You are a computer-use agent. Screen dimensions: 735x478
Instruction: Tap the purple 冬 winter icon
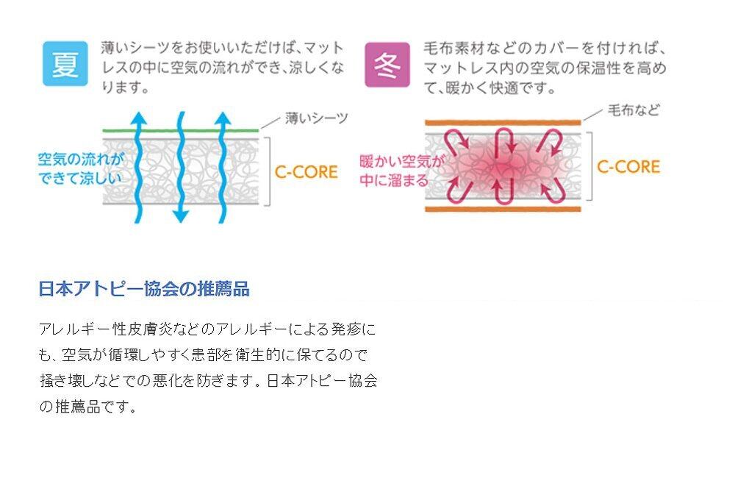pos(387,63)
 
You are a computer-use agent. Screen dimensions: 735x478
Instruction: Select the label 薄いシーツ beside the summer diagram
pos(316,117)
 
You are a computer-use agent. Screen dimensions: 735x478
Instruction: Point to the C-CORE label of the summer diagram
pos(306,172)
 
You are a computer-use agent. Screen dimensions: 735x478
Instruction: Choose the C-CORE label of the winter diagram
pos(628,166)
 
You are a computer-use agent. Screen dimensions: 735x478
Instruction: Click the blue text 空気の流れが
pos(81,158)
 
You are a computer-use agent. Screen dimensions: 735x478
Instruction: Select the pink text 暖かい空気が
pos(403,161)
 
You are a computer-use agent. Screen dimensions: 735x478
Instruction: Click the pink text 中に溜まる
pos(394,180)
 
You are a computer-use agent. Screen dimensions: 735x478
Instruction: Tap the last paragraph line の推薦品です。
pos(88,407)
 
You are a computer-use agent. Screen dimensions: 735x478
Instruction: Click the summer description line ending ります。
pos(125,88)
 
